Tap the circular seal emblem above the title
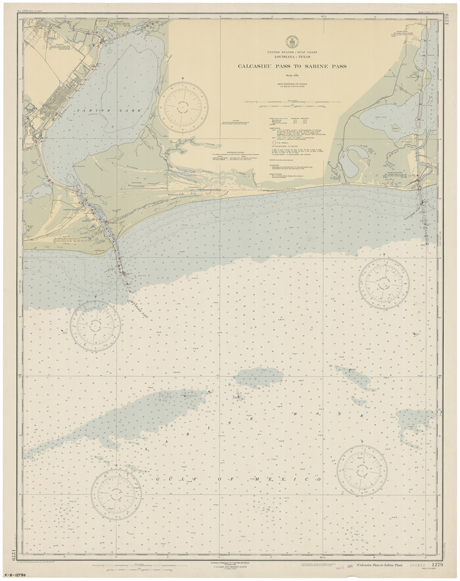288,42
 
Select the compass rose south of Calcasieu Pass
384,283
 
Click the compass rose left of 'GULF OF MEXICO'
116,494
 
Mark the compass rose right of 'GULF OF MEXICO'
361,470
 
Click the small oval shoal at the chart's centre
260,376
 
